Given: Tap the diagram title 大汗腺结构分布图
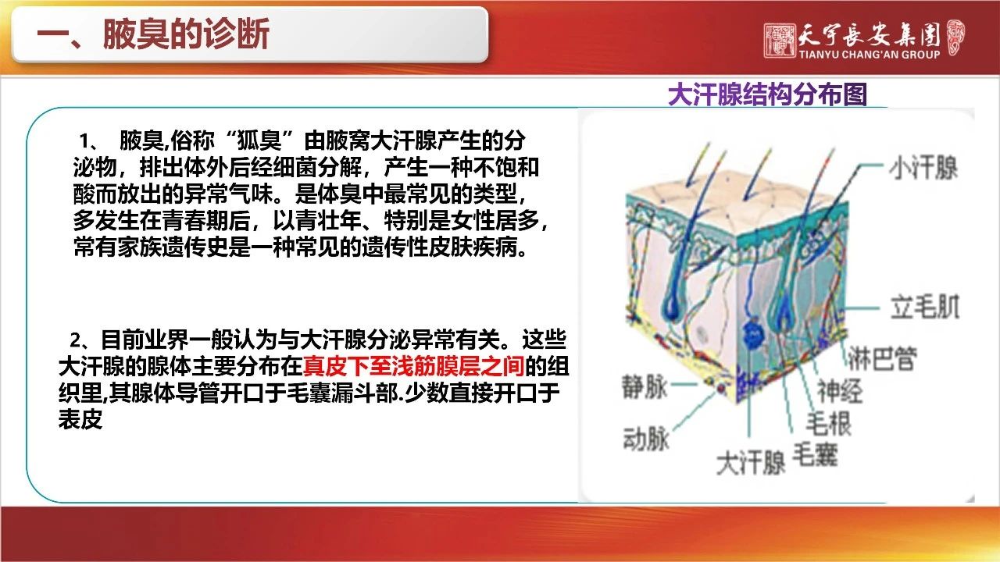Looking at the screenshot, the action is click(x=767, y=94).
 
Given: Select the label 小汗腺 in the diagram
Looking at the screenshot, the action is click(x=924, y=167).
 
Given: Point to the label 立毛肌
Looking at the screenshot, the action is click(x=925, y=307).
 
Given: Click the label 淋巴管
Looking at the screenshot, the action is click(x=882, y=358).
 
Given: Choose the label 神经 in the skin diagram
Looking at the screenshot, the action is click(x=840, y=391).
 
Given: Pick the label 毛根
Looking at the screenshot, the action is click(x=829, y=423).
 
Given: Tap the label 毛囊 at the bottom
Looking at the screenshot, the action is click(x=815, y=455).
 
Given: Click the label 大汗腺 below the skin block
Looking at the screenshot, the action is click(x=751, y=463).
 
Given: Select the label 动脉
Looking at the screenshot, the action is click(x=646, y=439).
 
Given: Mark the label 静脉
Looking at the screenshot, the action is click(x=645, y=386).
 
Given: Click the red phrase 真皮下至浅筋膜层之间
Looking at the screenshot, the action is click(x=414, y=367).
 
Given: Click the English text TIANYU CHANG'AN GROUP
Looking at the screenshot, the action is click(x=870, y=55).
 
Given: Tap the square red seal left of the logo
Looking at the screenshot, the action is click(x=780, y=41).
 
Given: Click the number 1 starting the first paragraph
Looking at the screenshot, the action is click(x=85, y=141).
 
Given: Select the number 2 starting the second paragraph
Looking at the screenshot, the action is click(x=76, y=341).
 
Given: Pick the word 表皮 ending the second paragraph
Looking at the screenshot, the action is click(x=80, y=419).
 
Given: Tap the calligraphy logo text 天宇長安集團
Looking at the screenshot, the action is click(x=869, y=34).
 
